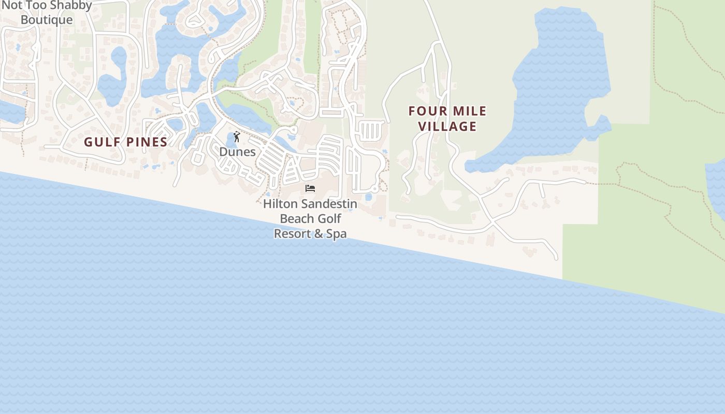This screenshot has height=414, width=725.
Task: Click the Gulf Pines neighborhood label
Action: tap(126, 142)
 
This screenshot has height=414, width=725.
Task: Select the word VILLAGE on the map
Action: tap(447, 126)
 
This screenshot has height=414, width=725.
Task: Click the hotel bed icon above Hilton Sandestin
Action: tap(310, 188)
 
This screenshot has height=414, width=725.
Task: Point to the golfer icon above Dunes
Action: tap(237, 137)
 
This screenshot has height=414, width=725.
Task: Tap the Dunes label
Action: tap(238, 152)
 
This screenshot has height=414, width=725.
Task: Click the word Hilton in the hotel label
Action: tap(280, 203)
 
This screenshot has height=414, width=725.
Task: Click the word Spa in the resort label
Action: tap(337, 233)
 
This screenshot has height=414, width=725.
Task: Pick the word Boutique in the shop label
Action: tap(47, 20)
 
